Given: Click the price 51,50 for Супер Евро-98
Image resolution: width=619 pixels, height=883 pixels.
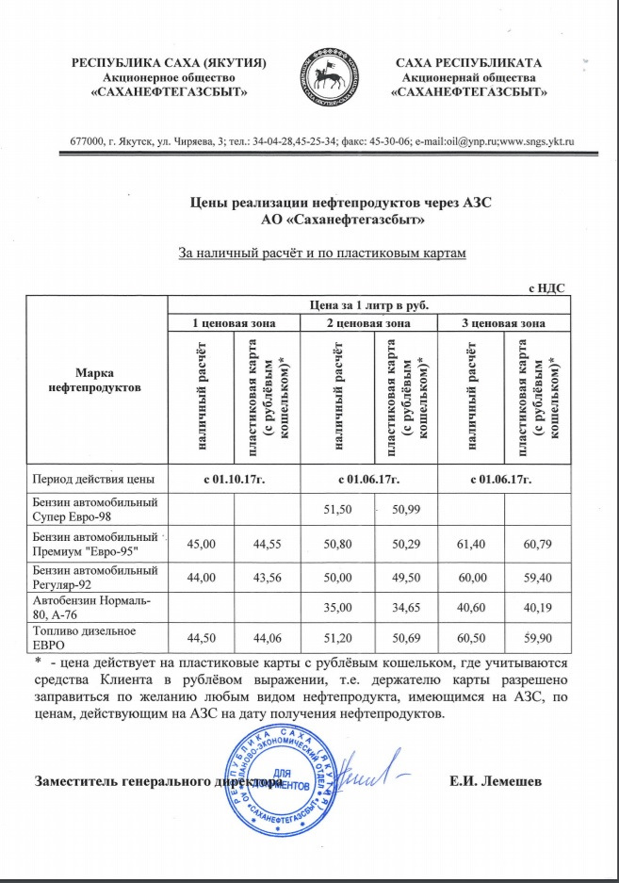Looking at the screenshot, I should click(338, 510).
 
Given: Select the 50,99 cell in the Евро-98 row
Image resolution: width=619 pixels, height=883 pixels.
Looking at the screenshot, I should click(407, 510).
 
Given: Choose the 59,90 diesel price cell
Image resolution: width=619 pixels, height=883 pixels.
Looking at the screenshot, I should click(537, 638).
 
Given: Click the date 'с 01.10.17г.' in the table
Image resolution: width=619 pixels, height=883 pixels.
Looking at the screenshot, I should click(234, 480).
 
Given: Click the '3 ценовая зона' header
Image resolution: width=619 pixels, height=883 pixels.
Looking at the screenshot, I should click(506, 323).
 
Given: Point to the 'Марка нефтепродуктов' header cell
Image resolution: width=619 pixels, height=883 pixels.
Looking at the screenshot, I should click(96, 380).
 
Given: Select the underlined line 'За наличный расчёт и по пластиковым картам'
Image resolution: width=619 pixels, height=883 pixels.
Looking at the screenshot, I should click(322, 253).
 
